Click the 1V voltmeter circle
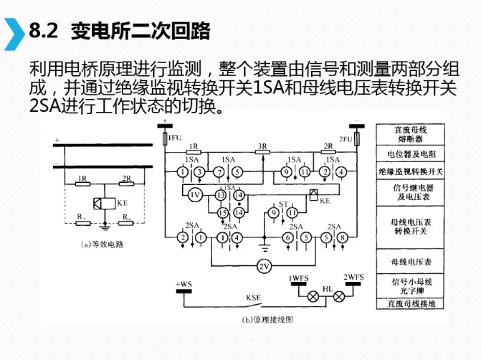[x=194, y=194]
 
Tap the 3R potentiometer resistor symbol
[x=262, y=153]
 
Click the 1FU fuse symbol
[x=166, y=138]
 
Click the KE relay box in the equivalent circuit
[x=105, y=202]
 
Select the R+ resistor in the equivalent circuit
[x=81, y=222]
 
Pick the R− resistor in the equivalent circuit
[x=126, y=222]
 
